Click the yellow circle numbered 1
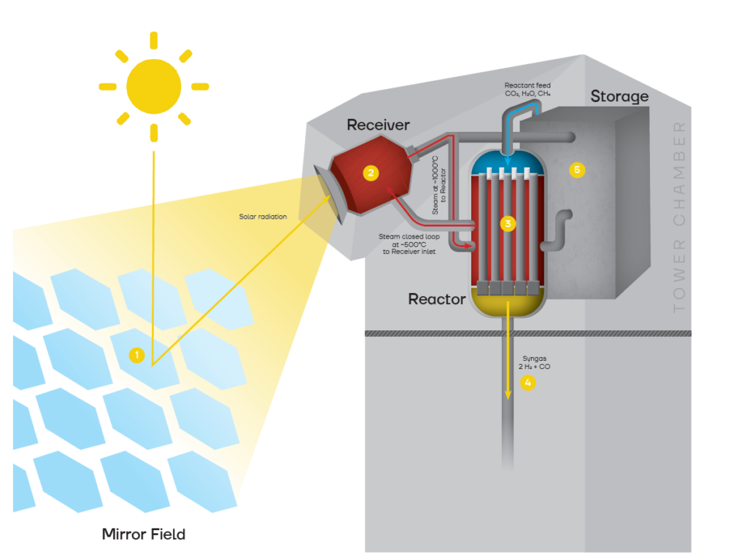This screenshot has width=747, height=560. (136, 356)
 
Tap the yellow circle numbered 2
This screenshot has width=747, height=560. (371, 173)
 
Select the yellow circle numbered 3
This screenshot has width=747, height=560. (508, 223)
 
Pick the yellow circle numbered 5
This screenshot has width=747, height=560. (578, 171)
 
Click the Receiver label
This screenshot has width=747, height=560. (378, 125)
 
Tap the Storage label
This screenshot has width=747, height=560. (619, 96)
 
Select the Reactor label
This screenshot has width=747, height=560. (437, 299)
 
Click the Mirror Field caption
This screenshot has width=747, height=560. (144, 534)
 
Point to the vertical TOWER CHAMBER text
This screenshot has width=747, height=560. (680, 217)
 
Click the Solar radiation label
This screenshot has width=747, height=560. (263, 217)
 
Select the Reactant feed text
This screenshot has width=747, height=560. (527, 90)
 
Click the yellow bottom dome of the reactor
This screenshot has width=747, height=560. (507, 302)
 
